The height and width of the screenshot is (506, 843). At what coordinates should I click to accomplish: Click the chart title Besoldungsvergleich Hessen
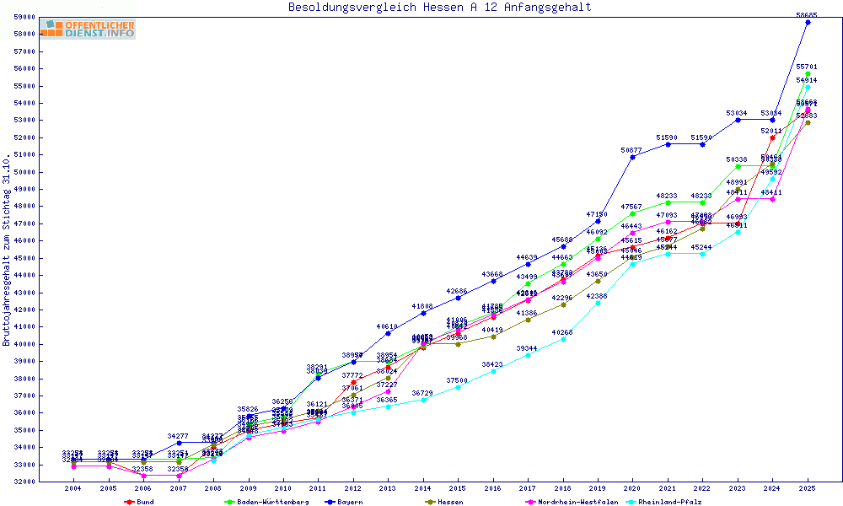tap(439, 8)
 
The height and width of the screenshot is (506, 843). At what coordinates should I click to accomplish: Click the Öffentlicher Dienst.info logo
tap(88, 30)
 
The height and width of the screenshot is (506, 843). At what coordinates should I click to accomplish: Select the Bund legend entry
tap(140, 502)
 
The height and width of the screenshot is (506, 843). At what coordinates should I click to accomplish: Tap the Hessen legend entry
tap(444, 502)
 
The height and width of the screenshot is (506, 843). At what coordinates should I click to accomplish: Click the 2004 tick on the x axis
tap(73, 488)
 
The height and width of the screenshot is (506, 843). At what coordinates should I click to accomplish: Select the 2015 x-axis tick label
tap(456, 488)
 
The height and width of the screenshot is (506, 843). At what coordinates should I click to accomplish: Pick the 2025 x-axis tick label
tap(808, 488)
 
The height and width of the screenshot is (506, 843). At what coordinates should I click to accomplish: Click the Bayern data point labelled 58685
tap(808, 22)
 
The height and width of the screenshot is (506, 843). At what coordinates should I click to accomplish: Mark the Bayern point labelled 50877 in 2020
tap(632, 157)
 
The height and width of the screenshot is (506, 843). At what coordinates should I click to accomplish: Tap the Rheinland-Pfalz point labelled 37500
tap(456, 387)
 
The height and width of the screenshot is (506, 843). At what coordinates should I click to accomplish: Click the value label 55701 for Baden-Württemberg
tap(808, 67)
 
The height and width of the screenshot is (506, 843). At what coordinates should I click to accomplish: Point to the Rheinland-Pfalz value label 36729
tap(421, 393)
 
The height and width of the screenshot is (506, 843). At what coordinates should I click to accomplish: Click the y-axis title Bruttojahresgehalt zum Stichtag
tap(7, 250)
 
